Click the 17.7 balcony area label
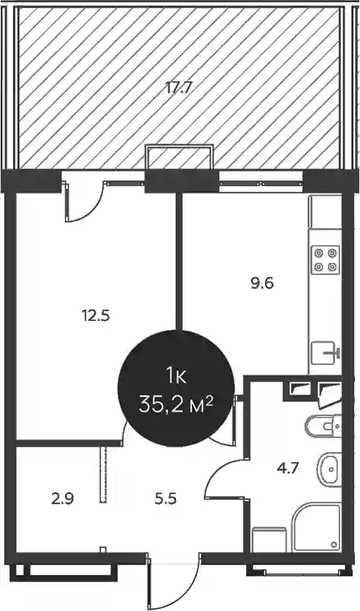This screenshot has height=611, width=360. [178, 88]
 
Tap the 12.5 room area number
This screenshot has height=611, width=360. [96, 315]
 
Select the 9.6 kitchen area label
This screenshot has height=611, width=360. [262, 283]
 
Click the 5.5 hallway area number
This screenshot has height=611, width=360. [164, 498]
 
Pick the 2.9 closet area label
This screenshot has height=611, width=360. [63, 498]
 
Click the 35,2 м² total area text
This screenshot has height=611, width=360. [176, 406]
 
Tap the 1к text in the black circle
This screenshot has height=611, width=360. [176, 377]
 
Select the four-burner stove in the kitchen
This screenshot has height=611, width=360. [325, 260]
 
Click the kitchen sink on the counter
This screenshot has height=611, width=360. [325, 353]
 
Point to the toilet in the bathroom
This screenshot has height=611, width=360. [324, 426]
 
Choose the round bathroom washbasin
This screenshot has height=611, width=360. [329, 469]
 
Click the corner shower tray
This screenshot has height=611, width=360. [317, 527]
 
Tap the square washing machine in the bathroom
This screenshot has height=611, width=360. [269, 540]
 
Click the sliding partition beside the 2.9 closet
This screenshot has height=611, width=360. [103, 475]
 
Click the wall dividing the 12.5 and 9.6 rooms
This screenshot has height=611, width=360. [179, 261]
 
